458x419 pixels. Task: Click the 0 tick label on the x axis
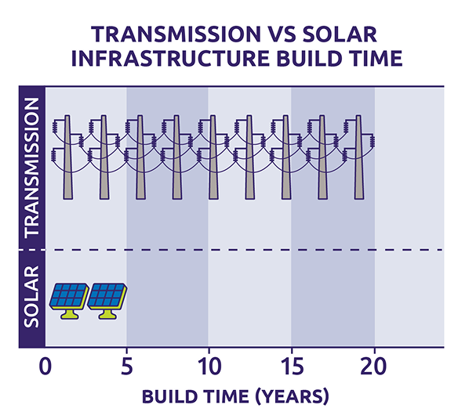point(45,367)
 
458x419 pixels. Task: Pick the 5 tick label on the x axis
point(127,367)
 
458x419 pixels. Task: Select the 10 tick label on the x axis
point(209,367)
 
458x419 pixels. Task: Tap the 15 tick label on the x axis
point(291,367)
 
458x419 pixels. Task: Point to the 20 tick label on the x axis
point(374,367)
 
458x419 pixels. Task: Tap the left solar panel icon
point(68,296)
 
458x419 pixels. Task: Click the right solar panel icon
point(106,296)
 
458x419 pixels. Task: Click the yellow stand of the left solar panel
point(68,313)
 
